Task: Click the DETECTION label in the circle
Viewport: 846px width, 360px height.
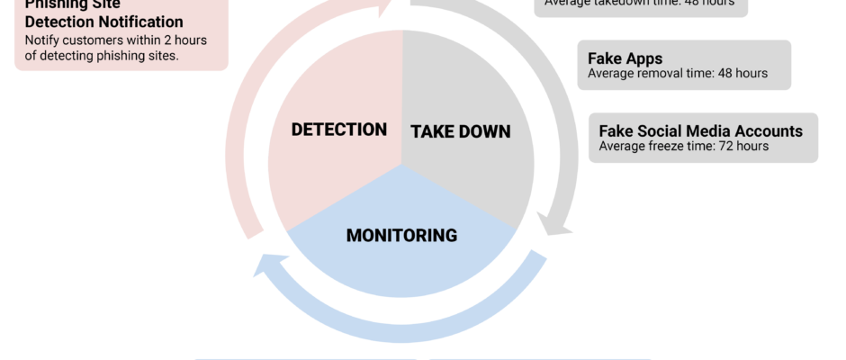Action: click(x=338, y=130)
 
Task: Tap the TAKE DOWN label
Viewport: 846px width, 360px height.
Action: click(x=460, y=132)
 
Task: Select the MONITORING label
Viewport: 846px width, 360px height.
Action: click(x=401, y=236)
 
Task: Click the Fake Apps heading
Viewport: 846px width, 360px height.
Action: click(x=625, y=58)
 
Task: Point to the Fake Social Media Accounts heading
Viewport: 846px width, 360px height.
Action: click(x=700, y=130)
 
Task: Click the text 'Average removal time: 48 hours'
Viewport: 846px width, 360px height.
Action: click(x=677, y=74)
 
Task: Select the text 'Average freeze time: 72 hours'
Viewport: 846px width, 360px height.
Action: click(x=683, y=146)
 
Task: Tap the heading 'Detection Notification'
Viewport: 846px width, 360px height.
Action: click(x=103, y=22)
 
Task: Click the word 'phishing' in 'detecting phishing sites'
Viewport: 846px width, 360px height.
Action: click(x=113, y=56)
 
